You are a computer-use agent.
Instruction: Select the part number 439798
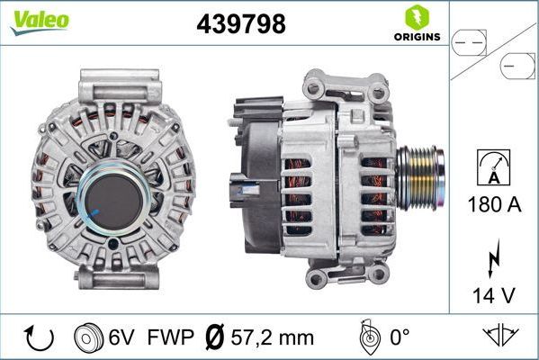click(x=241, y=24)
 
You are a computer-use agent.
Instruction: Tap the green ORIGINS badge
click(x=416, y=24)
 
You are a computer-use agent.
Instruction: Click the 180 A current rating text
click(x=494, y=204)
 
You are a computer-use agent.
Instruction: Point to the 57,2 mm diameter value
click(x=272, y=337)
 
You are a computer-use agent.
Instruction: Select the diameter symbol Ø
click(x=214, y=337)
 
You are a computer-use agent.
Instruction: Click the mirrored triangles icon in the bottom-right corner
click(x=500, y=337)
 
